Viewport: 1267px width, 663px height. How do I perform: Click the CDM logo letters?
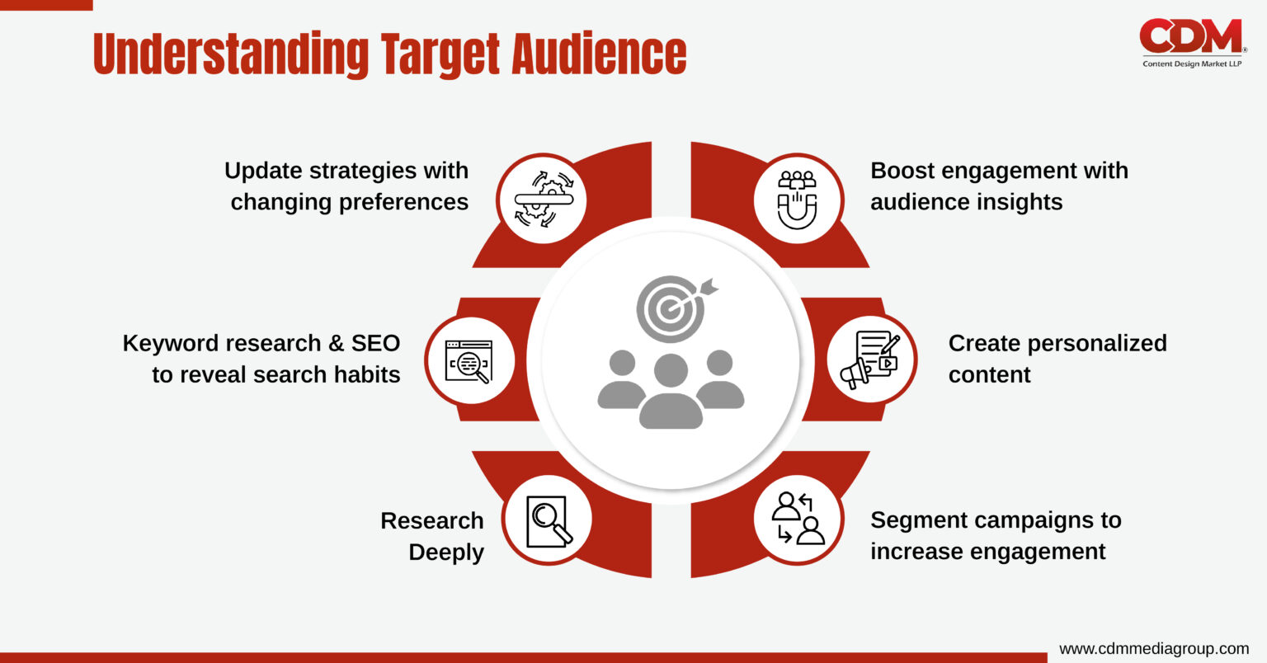pos(1190,36)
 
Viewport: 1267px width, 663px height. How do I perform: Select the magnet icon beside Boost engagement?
pos(797,199)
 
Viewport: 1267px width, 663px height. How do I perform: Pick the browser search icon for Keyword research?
pos(469,361)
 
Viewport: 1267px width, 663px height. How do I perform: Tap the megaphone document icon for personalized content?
pos(870,360)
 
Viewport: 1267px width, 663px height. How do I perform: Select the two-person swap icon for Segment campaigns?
pos(798,519)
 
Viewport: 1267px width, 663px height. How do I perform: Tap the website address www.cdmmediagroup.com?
pos(1153,648)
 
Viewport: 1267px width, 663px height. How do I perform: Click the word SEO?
pos(375,343)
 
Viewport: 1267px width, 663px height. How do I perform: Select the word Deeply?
pos(446,552)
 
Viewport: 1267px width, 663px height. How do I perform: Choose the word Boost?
pos(901,171)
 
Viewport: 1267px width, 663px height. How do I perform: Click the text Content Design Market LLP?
pos(1191,64)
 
